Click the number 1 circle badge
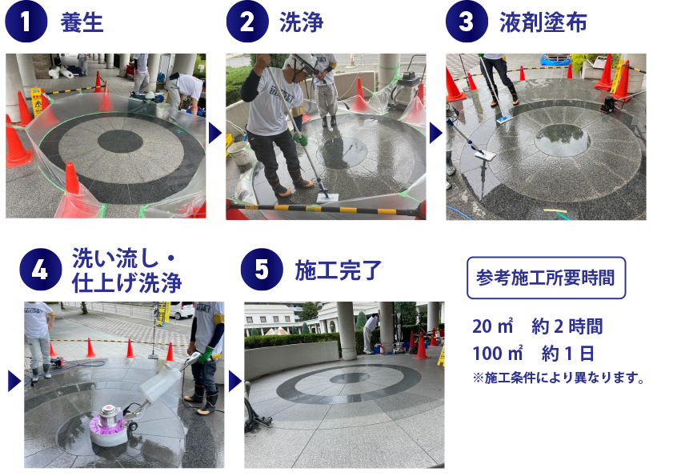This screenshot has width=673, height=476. click(x=26, y=22)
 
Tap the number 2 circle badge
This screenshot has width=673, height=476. click(x=246, y=22)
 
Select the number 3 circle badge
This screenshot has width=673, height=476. click(x=467, y=22)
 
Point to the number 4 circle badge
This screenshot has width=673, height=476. click(x=40, y=270)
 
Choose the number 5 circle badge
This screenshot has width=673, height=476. click(x=262, y=270)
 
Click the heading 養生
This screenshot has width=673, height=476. click(x=82, y=22)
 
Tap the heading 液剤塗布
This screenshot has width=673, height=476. click(x=543, y=22)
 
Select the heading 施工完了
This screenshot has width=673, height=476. click(x=339, y=270)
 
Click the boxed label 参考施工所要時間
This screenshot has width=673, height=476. click(x=546, y=278)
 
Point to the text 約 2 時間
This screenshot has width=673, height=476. click(x=567, y=326)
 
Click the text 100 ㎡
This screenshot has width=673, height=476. click(x=498, y=354)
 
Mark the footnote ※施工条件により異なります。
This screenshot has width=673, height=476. click(x=559, y=378)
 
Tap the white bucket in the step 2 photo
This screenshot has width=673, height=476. click(x=238, y=153)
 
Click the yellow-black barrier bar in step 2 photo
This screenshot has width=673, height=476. click(x=326, y=209)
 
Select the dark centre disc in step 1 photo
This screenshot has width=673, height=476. click(x=120, y=142)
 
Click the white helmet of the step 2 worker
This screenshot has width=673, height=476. click(x=302, y=61)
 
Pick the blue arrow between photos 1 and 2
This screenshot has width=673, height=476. click(x=214, y=133)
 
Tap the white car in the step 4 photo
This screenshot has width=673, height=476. click(x=181, y=310)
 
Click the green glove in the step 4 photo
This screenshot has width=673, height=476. click(x=206, y=354)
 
